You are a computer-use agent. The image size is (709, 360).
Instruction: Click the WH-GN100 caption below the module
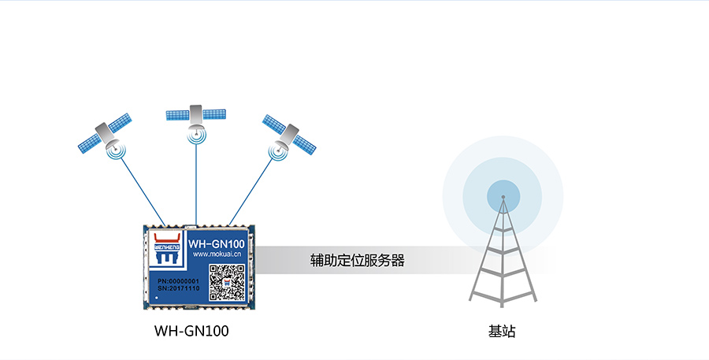[x=193, y=332]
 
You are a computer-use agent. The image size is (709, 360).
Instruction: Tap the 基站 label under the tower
[x=502, y=332]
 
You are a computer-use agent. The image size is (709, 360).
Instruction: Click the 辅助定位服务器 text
[x=357, y=260]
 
